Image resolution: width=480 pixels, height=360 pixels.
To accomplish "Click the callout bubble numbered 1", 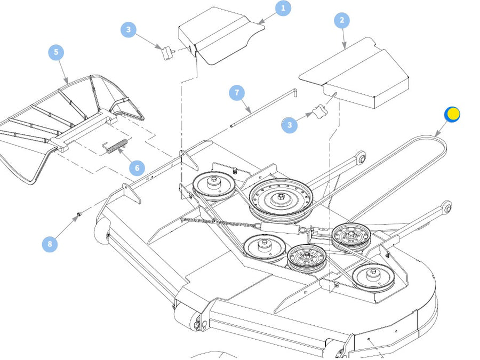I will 283,8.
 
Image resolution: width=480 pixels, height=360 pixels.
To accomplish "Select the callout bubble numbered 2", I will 341,21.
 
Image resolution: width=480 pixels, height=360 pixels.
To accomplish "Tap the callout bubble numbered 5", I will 56,52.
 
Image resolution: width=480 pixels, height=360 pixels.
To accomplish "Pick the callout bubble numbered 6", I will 137,168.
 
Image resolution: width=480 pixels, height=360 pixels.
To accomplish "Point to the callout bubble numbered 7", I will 237,92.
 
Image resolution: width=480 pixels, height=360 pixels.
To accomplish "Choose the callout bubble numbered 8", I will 50,244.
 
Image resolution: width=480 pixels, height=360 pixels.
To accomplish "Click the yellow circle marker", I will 452,114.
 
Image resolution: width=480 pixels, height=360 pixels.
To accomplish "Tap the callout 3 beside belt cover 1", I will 128,29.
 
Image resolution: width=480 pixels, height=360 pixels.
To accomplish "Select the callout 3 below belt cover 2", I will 290,125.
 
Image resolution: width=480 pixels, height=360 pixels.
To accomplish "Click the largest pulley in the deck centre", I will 281,199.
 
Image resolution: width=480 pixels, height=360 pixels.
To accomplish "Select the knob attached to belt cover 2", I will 318,111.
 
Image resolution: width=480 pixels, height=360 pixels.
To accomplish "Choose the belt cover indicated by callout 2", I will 357,75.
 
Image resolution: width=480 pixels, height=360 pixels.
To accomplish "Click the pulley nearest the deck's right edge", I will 374,276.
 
